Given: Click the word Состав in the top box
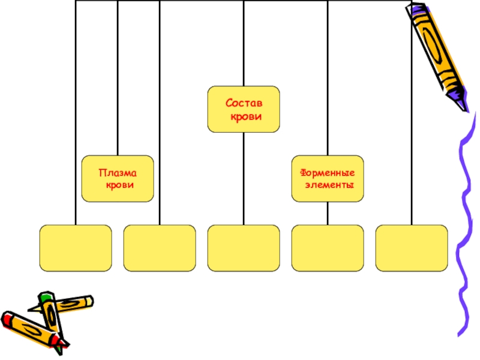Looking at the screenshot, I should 244,103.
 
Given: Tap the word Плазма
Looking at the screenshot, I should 118,173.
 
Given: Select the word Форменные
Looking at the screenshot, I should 327,173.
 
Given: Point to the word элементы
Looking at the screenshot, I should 328,185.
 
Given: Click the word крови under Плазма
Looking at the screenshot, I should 119,185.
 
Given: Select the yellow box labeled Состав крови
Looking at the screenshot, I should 244,109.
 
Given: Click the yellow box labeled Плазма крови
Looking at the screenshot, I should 118,179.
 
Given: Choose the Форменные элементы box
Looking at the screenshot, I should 328,179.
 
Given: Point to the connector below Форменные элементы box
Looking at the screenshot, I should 328,213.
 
